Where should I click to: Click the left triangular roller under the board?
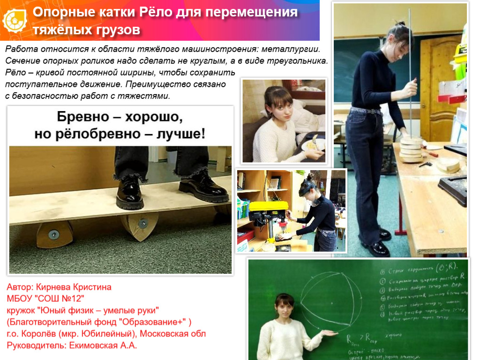pos(54,234)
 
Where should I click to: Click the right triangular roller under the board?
pos(141,224)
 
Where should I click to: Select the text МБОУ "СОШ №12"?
pos(45,299)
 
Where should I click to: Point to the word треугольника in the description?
pos(300,61)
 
